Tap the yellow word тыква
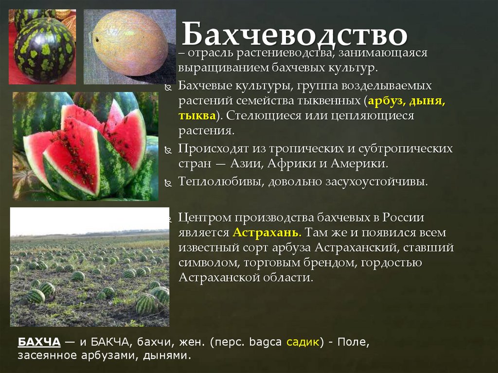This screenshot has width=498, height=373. [196, 116]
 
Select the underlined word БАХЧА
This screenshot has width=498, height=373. [39, 342]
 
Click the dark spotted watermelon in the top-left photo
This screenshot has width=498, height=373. [44, 49]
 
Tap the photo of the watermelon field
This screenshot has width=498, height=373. [89, 267]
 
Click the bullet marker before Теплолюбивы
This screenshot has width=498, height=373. [168, 183]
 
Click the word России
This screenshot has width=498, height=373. [403, 217]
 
